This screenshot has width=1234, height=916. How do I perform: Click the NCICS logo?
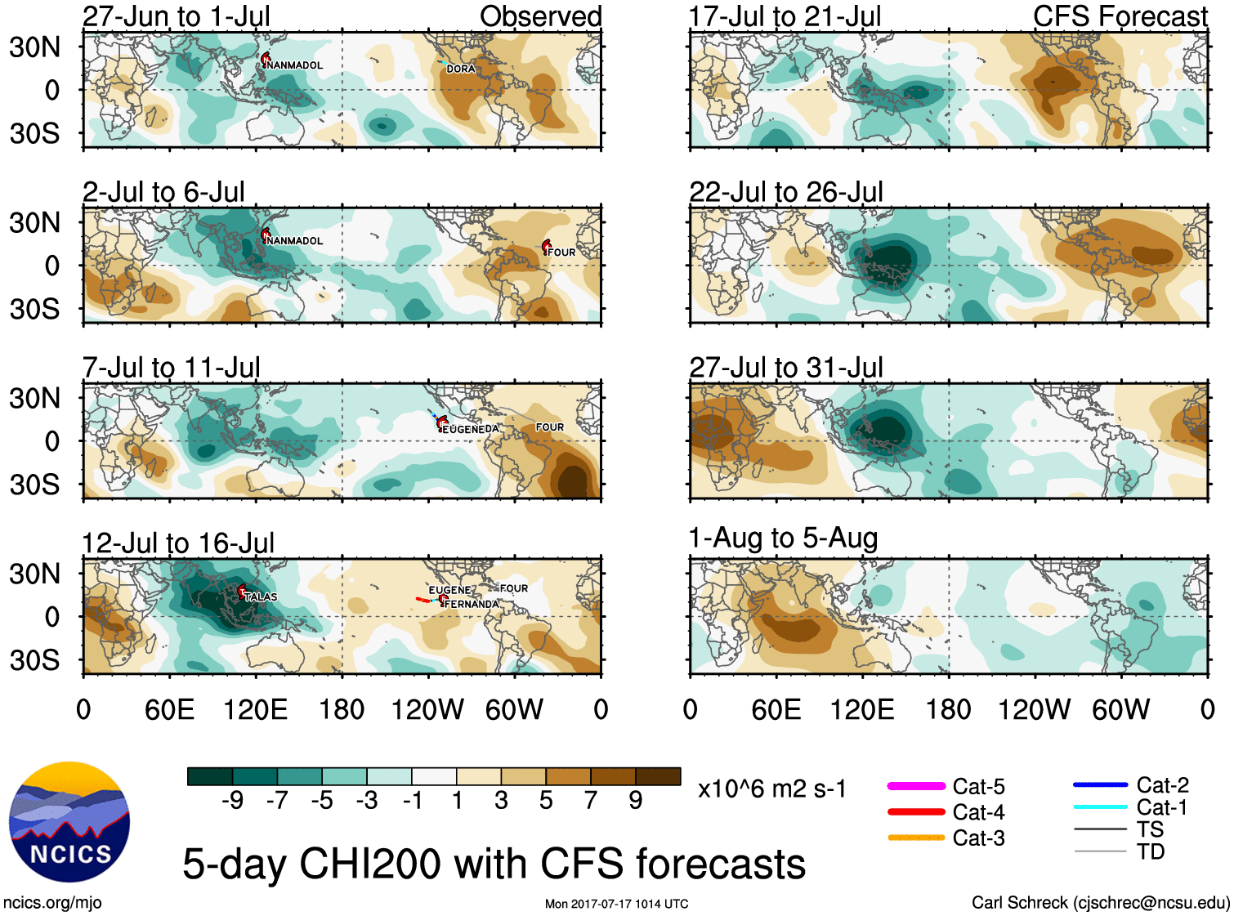tap(69, 821)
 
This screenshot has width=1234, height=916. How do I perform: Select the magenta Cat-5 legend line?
tap(916, 786)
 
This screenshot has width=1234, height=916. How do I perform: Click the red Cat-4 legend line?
tap(916, 812)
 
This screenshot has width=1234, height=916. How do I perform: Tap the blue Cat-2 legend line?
tap(1100, 785)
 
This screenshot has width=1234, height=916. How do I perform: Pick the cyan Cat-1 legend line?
tap(1100, 807)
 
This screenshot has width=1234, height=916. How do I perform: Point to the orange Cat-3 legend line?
tap(916, 838)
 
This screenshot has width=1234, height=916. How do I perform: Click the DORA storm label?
tap(461, 69)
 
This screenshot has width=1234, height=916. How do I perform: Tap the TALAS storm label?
tap(261, 597)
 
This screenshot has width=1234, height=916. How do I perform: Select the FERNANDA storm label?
tap(472, 604)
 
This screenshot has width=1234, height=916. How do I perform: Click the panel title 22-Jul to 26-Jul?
tap(786, 192)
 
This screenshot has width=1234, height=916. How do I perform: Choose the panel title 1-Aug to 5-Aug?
tap(783, 538)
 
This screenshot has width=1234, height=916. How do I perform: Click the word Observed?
tap(540, 16)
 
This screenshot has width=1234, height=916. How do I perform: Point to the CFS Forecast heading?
tap(1120, 16)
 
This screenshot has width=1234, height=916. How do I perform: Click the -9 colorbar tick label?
tap(233, 801)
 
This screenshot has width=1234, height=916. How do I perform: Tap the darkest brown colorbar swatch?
tap(658, 776)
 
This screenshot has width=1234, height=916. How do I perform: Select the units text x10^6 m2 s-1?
tap(771, 789)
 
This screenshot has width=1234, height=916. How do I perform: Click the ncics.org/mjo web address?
tap(52, 902)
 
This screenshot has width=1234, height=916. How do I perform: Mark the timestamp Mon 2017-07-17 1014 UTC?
tap(616, 904)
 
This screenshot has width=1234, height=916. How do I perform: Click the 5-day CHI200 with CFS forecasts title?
tap(494, 864)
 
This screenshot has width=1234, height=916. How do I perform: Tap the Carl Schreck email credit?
tap(1100, 902)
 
